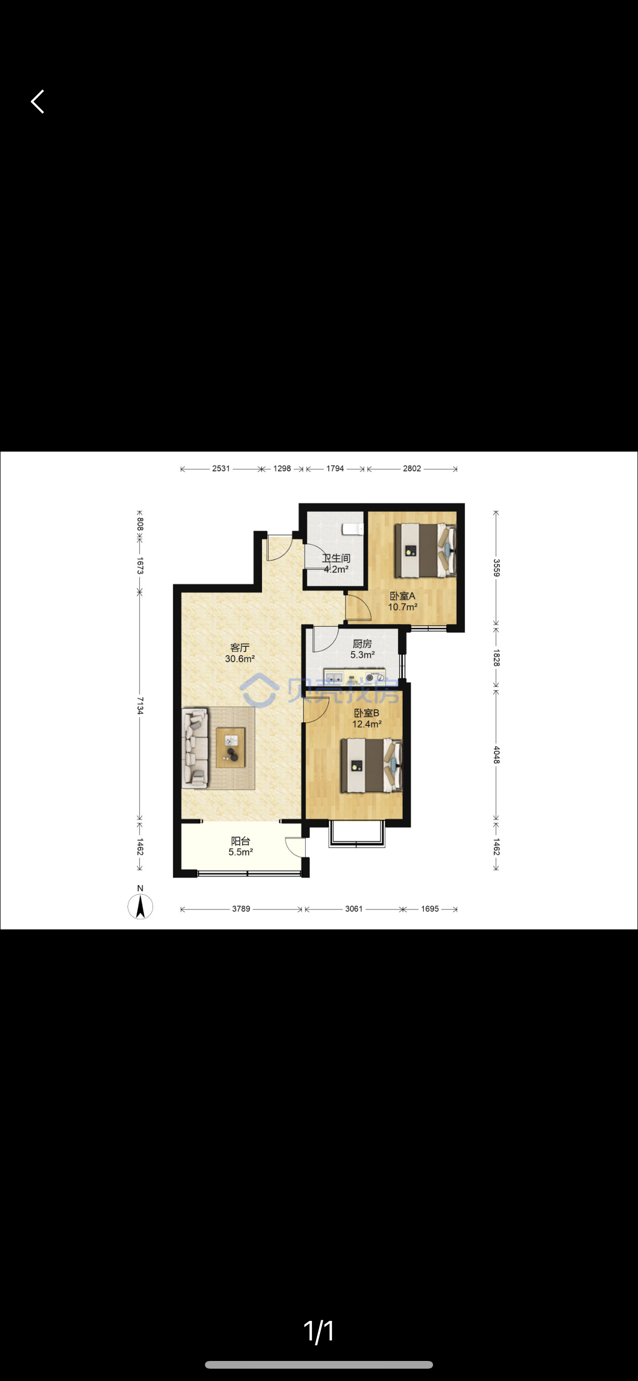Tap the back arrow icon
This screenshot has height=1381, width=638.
37,101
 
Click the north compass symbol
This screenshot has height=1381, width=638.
140,904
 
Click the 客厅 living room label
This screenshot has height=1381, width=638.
240,648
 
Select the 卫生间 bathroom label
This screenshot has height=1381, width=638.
336,558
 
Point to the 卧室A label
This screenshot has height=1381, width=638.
402,595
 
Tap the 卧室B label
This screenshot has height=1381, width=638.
367,713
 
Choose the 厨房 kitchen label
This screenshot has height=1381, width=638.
363,643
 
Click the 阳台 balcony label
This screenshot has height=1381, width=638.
241,841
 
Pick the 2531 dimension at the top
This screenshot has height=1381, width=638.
221,469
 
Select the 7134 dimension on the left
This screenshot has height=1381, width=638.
139,705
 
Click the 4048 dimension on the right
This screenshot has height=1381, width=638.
496,755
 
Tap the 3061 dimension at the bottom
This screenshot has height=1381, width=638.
354,909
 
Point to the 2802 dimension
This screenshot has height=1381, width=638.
412,469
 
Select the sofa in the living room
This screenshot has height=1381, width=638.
195,749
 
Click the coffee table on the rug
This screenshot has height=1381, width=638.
231,748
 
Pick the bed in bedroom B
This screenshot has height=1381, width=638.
371,766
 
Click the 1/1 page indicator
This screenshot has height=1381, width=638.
319,1331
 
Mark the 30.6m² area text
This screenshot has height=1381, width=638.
240,659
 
